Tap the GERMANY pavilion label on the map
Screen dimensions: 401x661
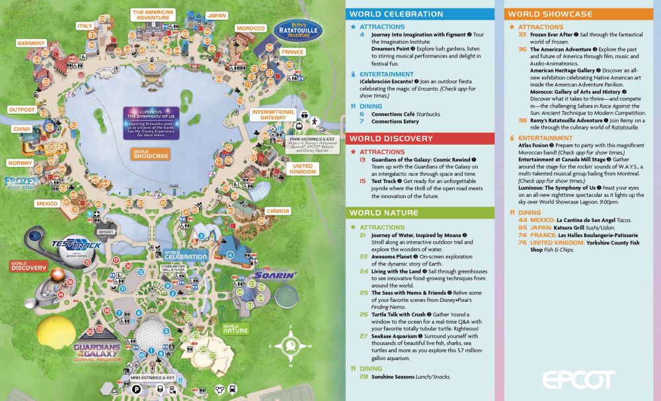31,43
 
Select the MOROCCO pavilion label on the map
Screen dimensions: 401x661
251,28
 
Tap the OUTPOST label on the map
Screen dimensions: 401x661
22,110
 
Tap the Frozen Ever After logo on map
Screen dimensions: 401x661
18,182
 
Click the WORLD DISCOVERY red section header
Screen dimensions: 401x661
391,139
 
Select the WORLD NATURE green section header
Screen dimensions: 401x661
383,213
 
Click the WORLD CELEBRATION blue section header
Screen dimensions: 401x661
396,14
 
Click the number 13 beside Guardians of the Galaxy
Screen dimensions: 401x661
362,160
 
